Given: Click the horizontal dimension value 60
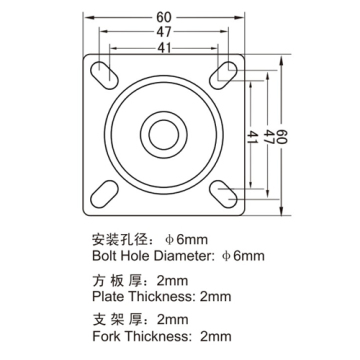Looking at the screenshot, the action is coord(163,17).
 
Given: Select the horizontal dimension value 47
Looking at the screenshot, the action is coord(164,32).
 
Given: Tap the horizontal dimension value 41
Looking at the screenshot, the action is coord(164,49).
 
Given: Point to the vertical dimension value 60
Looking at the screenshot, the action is coord(282,137).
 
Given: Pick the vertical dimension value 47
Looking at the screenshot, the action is coord(269,137).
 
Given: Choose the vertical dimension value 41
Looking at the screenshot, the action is coord(253,137).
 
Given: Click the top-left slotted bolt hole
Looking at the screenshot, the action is coord(104,75).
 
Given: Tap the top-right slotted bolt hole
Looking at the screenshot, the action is coord(223,75).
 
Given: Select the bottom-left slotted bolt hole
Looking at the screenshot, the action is coord(104,194).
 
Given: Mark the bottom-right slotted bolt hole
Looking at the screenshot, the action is coord(223,194).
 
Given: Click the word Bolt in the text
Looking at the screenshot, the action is coord(104,256).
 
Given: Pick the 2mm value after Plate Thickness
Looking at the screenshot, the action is coord(215,296).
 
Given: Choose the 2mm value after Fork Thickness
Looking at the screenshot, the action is coord(215,336).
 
